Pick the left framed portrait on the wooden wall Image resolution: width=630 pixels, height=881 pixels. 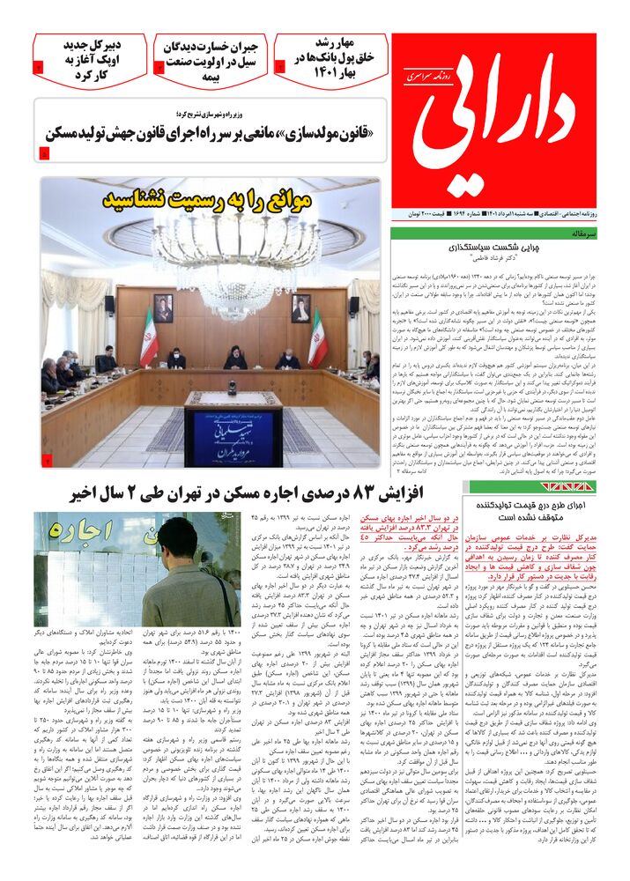pos(163,308)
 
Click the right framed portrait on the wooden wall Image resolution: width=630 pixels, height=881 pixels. pos(301,308)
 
